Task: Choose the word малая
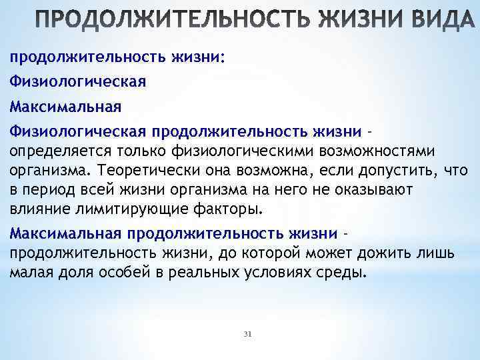pyautogui.click(x=31, y=273)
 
